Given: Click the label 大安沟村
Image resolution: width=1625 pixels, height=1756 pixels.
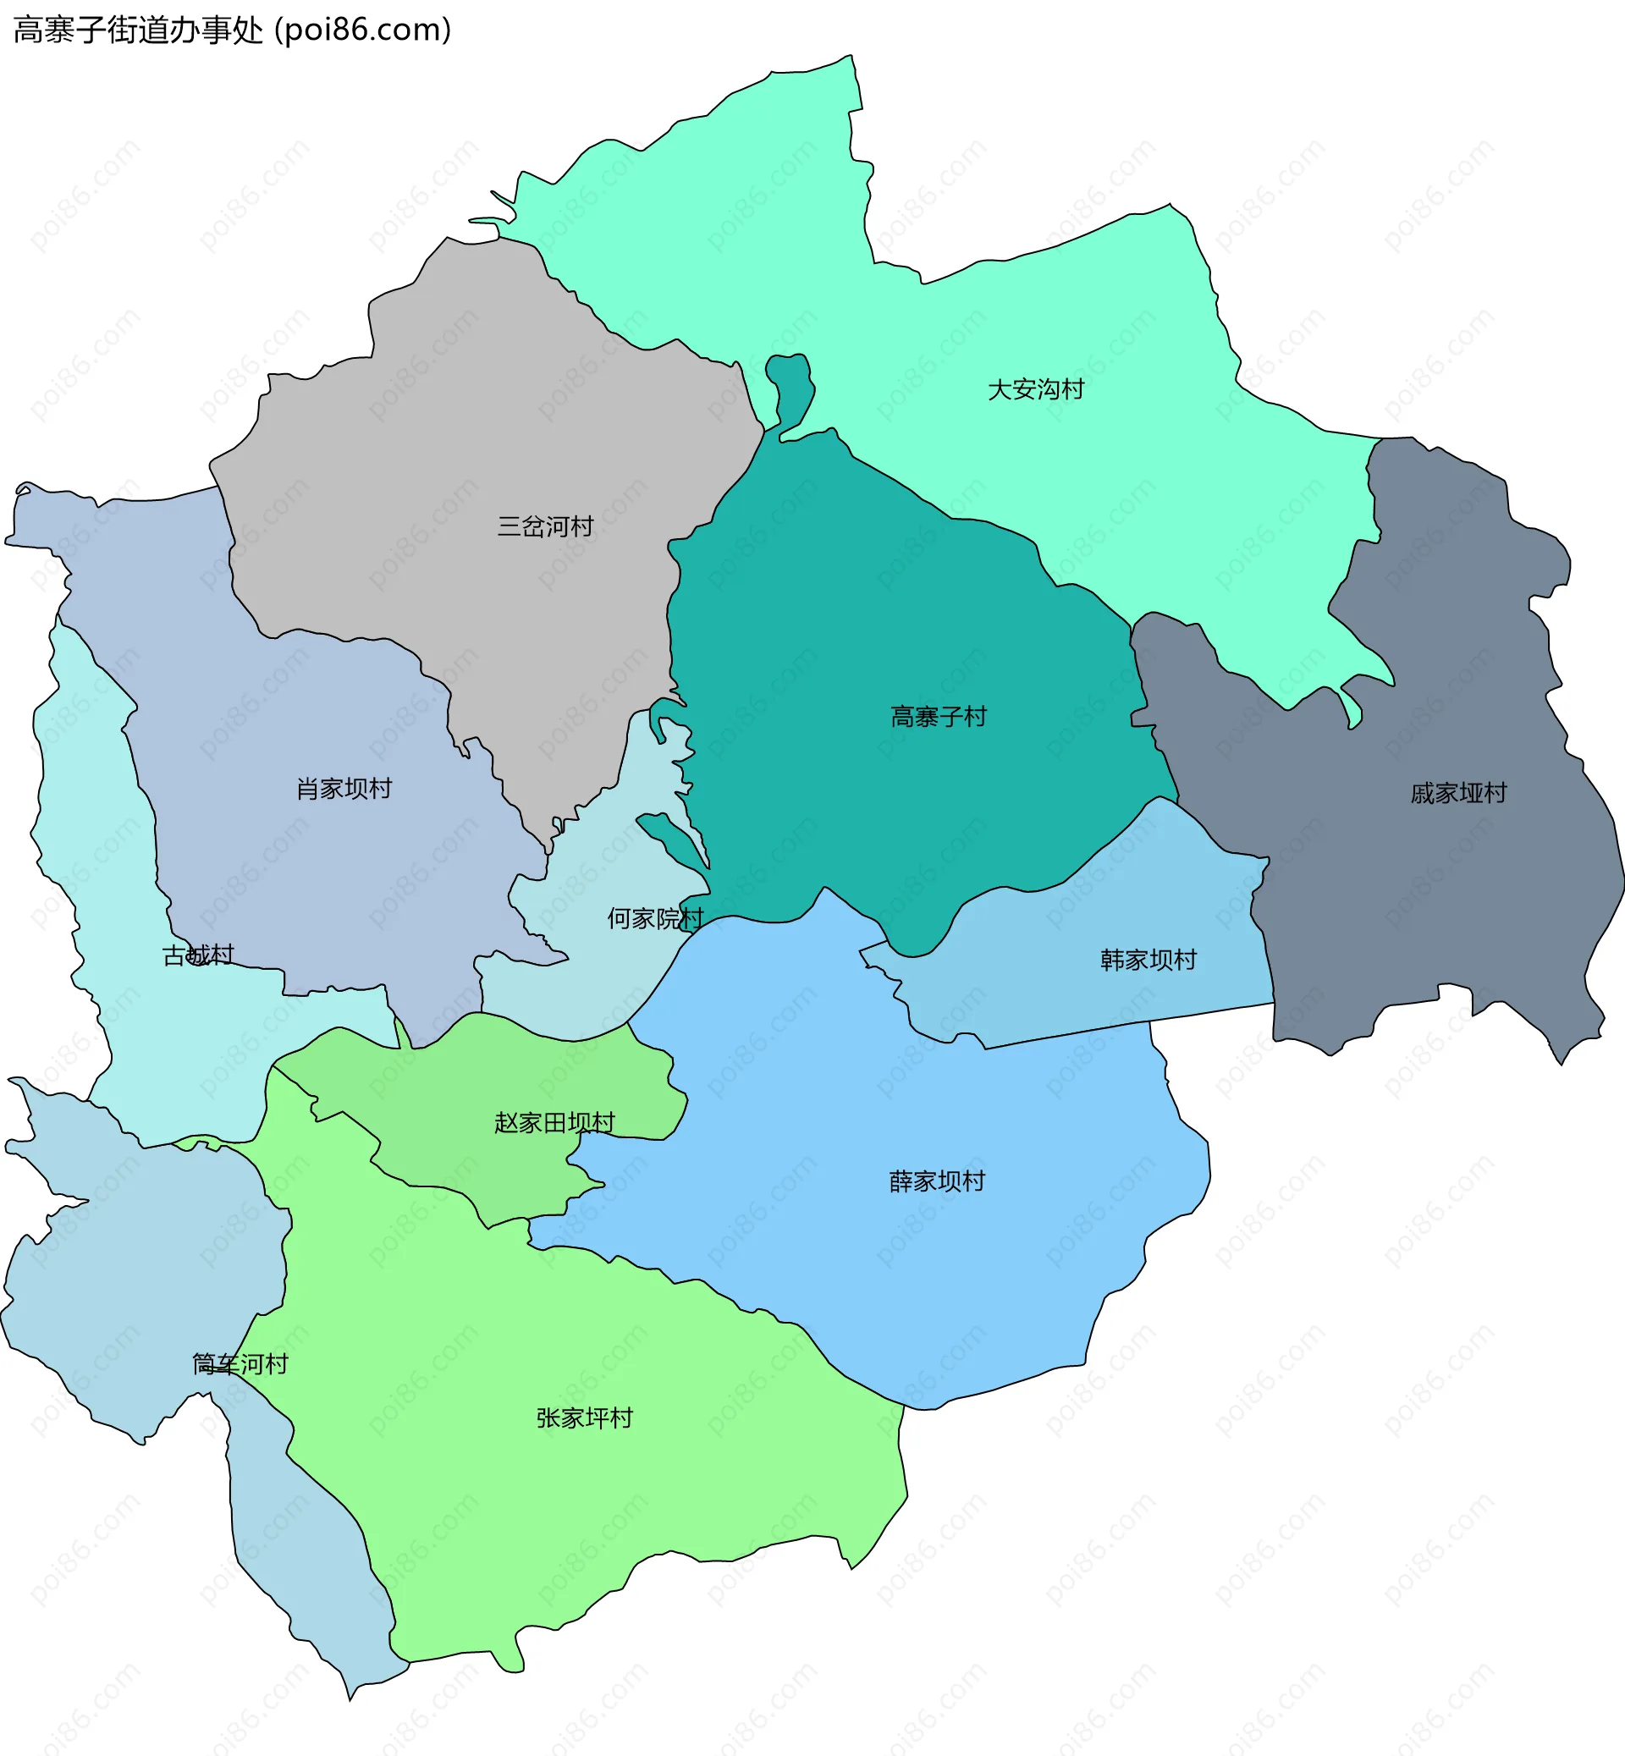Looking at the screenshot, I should (x=1035, y=389).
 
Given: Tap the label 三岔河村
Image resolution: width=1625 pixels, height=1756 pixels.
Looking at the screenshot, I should (x=545, y=526).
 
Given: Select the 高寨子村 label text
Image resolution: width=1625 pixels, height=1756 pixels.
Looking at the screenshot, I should (x=939, y=717).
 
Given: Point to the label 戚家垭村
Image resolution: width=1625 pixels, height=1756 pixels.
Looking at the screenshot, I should (x=1458, y=793).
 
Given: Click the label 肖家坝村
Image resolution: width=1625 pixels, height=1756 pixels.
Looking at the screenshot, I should (x=344, y=789).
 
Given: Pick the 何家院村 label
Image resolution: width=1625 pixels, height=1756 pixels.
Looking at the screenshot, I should (x=655, y=919).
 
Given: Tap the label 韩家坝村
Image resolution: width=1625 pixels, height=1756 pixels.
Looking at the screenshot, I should (x=1148, y=961).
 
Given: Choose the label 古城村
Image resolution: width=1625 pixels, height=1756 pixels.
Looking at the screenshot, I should (x=199, y=955).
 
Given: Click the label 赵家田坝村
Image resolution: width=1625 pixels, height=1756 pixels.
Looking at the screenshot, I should (x=554, y=1123).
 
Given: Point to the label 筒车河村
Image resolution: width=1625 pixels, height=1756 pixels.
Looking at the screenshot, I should (x=240, y=1364).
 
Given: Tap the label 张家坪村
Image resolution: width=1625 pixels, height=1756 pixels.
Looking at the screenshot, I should (x=584, y=1418).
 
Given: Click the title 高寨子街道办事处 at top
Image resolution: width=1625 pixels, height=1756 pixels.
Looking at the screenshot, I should (x=138, y=30).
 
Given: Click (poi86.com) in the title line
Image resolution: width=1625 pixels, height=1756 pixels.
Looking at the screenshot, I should (x=363, y=30).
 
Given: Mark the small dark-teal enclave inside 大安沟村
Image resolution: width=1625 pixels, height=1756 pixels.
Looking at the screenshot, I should (x=790, y=387).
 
